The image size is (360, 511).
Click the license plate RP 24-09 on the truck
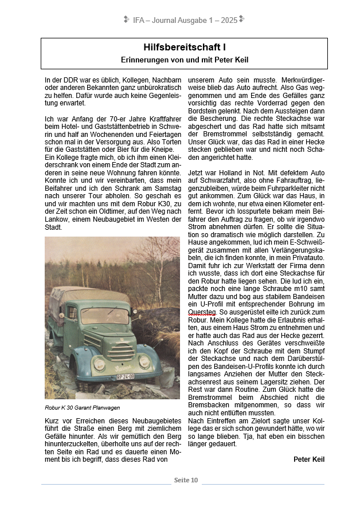pyautogui.click(x=125, y=377)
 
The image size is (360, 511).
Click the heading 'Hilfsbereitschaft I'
pyautogui.click(x=184, y=47)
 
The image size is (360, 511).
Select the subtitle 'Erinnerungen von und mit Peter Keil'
pyautogui.click(x=184, y=60)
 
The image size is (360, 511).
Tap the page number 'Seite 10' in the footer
pyautogui.click(x=186, y=479)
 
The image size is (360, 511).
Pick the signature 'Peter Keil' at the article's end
pyautogui.click(x=309, y=459)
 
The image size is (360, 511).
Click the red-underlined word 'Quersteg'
pyautogui.click(x=201, y=312)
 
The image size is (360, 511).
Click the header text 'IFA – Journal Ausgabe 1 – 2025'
pyautogui.click(x=185, y=20)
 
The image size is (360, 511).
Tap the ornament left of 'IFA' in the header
pyautogui.click(x=127, y=20)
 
